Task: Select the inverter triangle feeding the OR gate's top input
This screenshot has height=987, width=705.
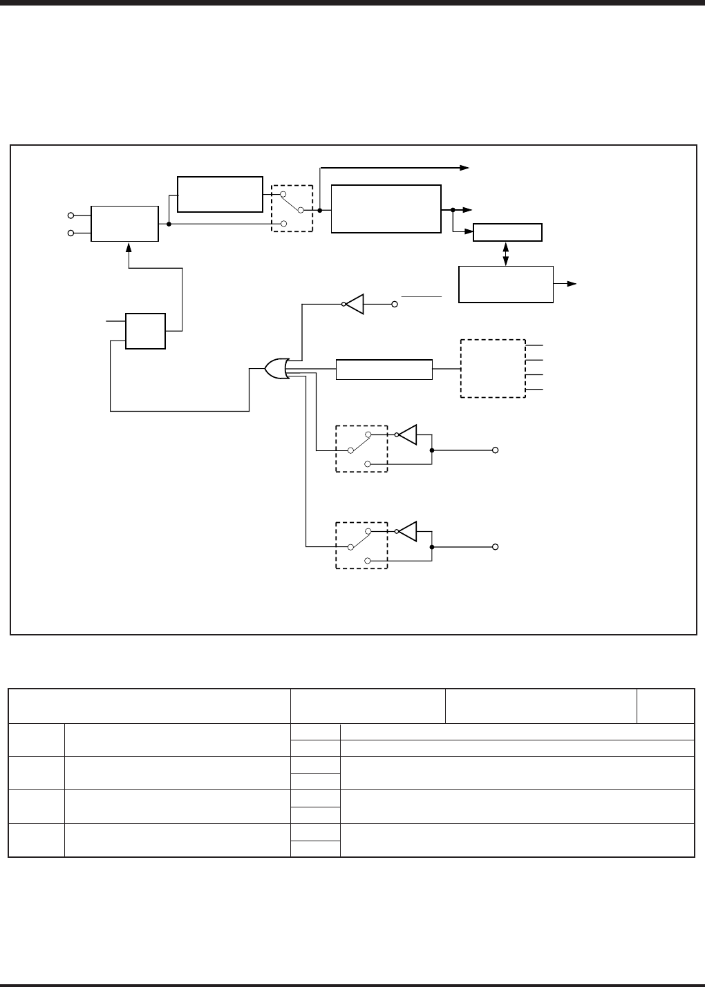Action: [x=355, y=304]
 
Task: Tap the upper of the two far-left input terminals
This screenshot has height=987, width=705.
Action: [x=70, y=215]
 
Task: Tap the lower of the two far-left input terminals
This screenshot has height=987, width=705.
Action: [x=70, y=233]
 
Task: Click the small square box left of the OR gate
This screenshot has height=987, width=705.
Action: [x=145, y=331]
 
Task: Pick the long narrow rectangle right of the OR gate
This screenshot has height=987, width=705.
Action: [x=384, y=370]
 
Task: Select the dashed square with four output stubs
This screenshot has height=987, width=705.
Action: [x=493, y=368]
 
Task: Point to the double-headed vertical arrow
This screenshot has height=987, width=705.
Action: [x=507, y=253]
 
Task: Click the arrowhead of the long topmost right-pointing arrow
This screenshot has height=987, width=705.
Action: [x=465, y=167]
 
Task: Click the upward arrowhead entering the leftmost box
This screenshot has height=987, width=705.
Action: [x=128, y=247]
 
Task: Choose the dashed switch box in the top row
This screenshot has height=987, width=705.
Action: [x=292, y=209]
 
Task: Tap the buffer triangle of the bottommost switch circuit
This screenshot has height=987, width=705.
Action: [x=408, y=531]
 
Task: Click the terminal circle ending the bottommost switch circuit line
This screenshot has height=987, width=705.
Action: [x=495, y=547]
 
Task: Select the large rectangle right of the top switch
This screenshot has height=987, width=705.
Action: [x=386, y=209]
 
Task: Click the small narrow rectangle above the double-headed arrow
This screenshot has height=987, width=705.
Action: [x=507, y=233]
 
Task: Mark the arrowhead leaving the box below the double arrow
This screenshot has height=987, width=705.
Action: [x=573, y=284]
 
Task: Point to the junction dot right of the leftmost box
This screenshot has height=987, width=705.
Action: [x=169, y=224]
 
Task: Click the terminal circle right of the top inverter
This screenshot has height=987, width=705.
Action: [x=395, y=304]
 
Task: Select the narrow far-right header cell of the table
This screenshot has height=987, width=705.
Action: [x=666, y=706]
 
